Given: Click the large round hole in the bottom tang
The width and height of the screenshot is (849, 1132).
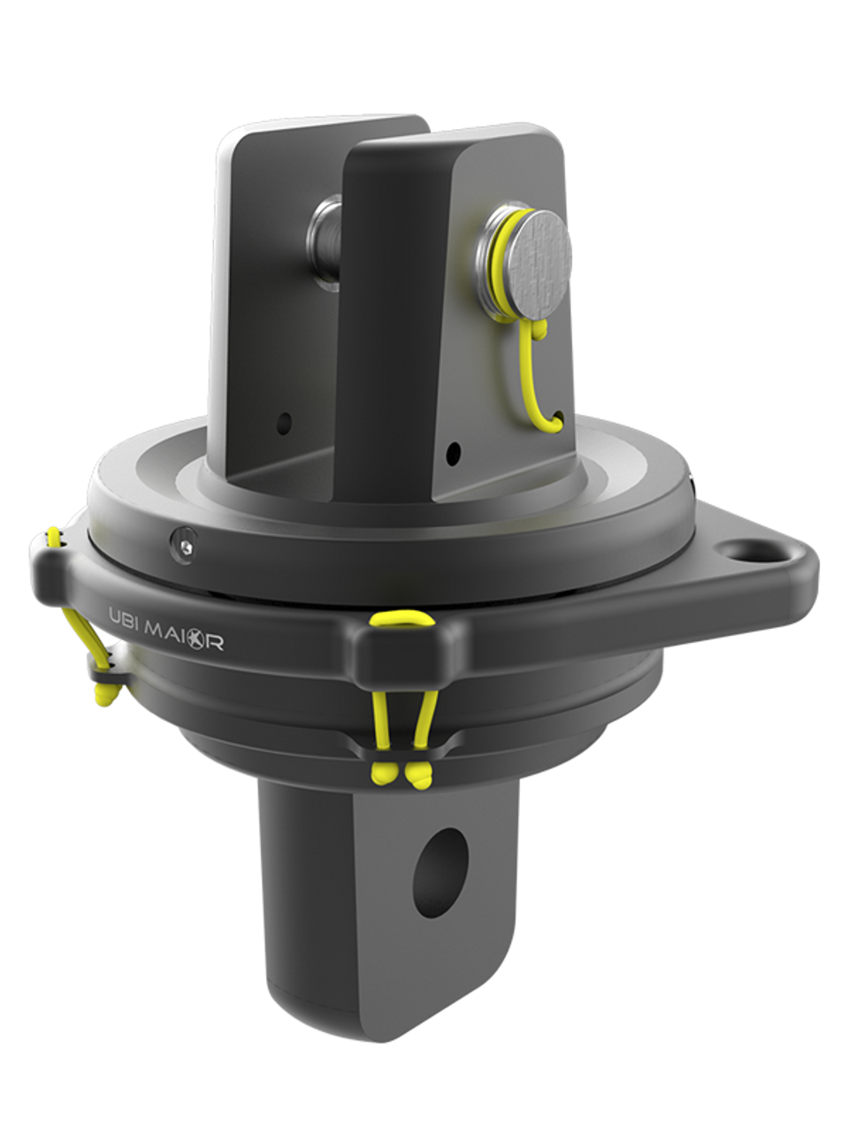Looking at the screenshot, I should tap(440, 865).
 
